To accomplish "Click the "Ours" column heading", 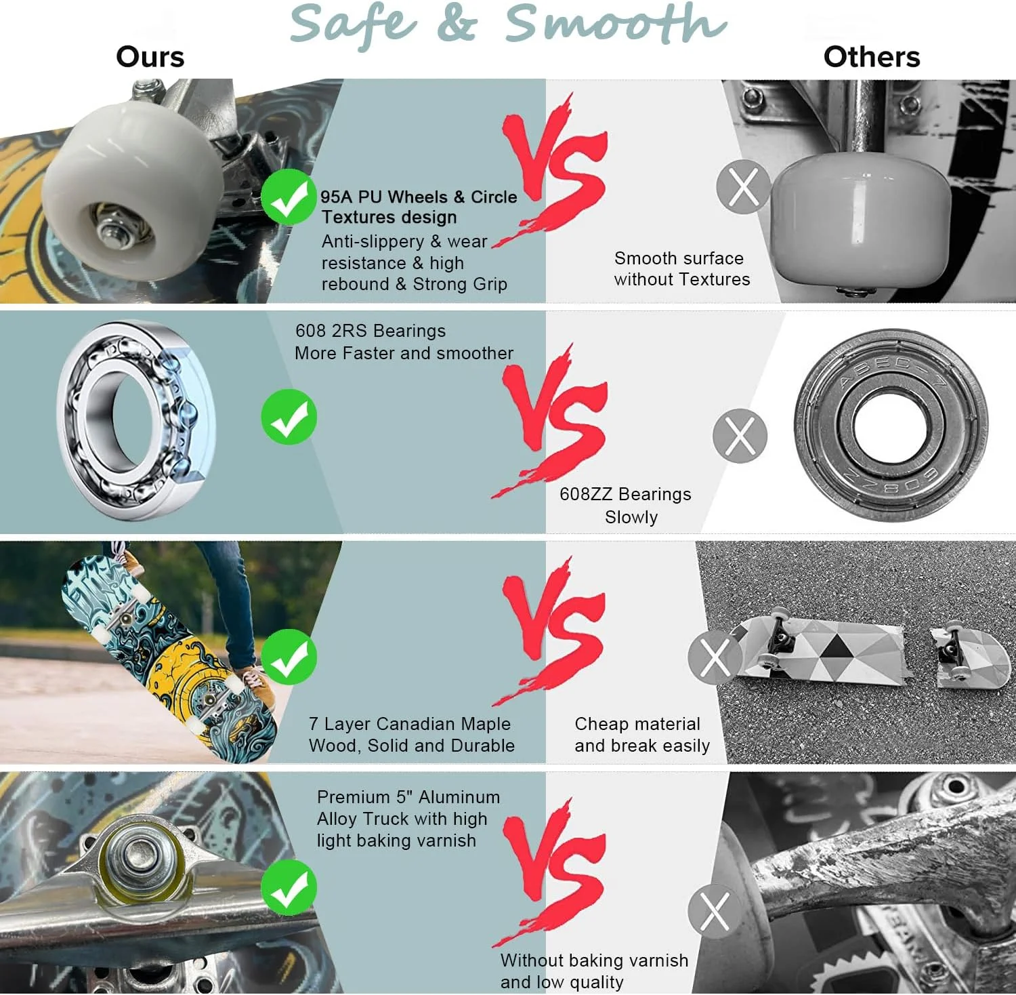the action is (150, 57).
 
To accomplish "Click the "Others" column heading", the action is (872, 57).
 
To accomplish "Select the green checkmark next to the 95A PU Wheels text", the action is (289, 197).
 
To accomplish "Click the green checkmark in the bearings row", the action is (289, 417).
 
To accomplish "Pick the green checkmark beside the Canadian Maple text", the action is (289, 657).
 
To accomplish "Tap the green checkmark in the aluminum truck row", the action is (289, 887).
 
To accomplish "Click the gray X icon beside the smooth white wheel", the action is (744, 187).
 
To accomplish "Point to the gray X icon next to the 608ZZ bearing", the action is (740, 436).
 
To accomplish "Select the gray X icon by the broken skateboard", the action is (715, 657).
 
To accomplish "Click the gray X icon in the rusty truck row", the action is (715, 911).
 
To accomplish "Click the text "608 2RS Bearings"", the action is (371, 331).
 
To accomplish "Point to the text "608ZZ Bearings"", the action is (625, 494).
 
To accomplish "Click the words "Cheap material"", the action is (637, 724).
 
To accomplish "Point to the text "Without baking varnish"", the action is (594, 960).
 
